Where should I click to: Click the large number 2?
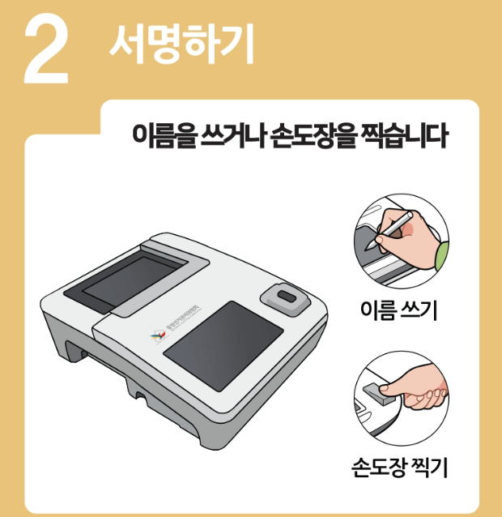coord(47,50)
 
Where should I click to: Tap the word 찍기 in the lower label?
coord(429,468)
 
